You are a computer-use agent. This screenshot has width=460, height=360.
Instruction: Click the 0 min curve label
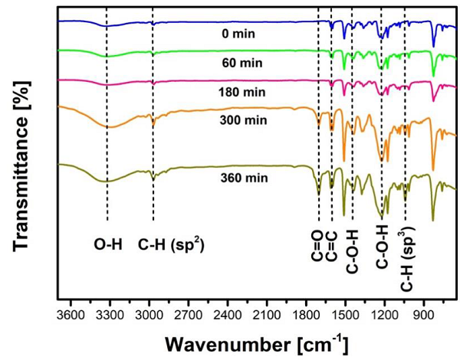[x=234, y=34]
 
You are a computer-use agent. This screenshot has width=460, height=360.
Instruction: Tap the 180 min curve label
[x=234, y=92]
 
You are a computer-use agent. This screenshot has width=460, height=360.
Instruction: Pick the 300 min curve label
[x=234, y=120]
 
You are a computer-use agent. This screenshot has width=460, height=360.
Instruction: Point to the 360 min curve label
[x=234, y=178]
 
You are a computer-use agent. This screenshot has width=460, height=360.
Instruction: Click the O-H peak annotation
[x=107, y=246]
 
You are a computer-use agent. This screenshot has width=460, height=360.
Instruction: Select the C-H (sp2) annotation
[x=171, y=245]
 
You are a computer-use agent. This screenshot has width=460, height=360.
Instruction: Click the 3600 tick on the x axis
[x=70, y=315]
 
